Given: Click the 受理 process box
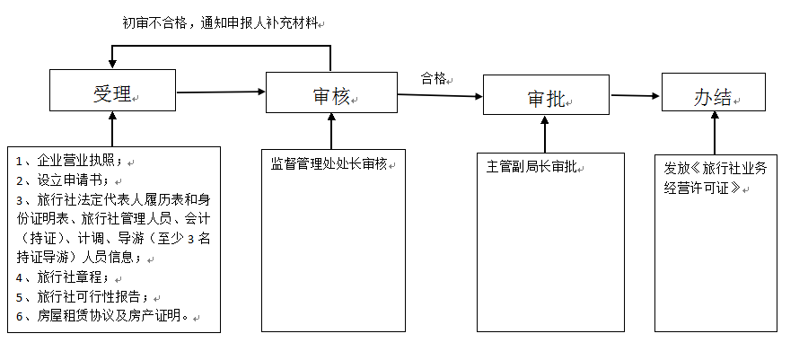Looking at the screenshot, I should pyautogui.click(x=113, y=93).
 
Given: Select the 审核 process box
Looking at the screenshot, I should pyautogui.click(x=331, y=92).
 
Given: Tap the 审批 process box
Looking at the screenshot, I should pyautogui.click(x=546, y=95).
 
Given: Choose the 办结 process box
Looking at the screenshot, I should pyautogui.click(x=713, y=93).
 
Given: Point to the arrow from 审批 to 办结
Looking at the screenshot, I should pyautogui.click(x=635, y=95).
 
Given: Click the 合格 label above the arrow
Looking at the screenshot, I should pyautogui.click(x=435, y=78).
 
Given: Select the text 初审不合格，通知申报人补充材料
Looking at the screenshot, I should pyautogui.click(x=221, y=22).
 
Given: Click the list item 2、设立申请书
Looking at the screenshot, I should pyautogui.click(x=67, y=180).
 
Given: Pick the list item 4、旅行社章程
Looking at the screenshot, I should pyautogui.click(x=67, y=277).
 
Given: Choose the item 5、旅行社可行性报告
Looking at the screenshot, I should pyautogui.click(x=86, y=296).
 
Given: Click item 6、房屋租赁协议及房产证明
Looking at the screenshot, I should pyautogui.click(x=102, y=315).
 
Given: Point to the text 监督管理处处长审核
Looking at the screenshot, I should pyautogui.click(x=329, y=163).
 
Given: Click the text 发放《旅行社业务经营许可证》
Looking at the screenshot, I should pyautogui.click(x=715, y=177).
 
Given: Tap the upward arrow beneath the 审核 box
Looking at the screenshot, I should pyautogui.click(x=331, y=131).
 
